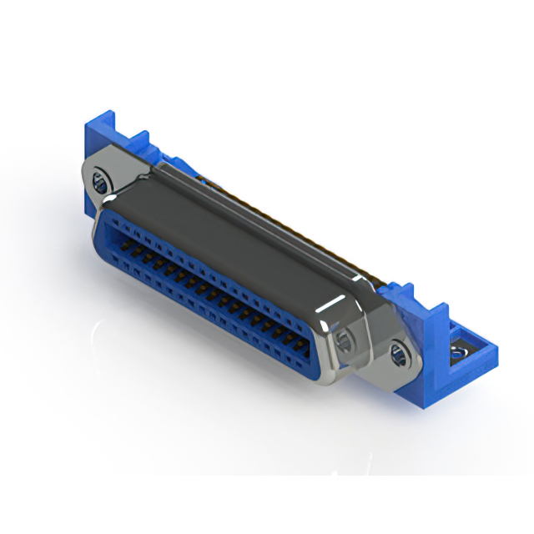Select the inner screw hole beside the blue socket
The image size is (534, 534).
click(x=343, y=339)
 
